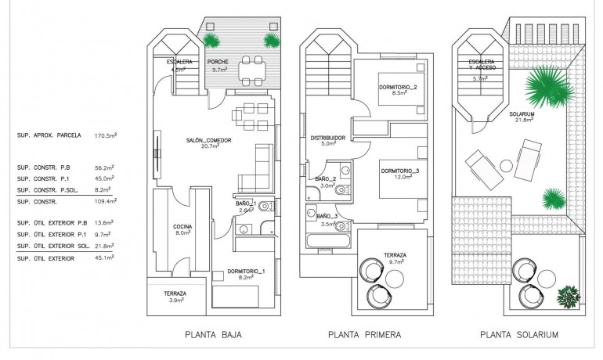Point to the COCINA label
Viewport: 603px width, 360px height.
pyautogui.click(x=182, y=229)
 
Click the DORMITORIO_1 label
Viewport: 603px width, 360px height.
pyautogui.click(x=247, y=272)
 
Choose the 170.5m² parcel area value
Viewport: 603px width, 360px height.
pyautogui.click(x=105, y=135)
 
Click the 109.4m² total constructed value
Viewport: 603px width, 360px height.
pyautogui.click(x=105, y=202)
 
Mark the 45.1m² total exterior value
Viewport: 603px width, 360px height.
pyautogui.click(x=105, y=258)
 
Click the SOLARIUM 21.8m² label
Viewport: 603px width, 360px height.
pyautogui.click(x=525, y=117)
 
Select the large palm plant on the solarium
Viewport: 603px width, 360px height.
pyautogui.click(x=547, y=88)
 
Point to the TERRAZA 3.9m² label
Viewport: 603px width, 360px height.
pyautogui.click(x=175, y=297)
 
